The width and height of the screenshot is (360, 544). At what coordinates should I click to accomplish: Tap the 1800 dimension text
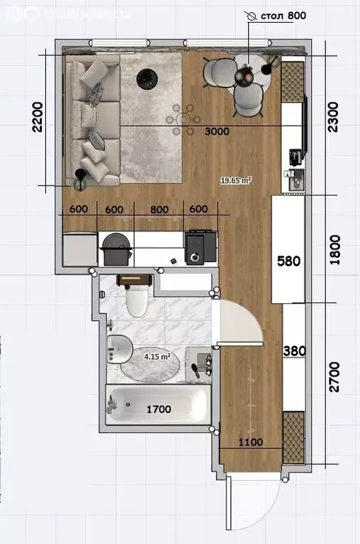334,250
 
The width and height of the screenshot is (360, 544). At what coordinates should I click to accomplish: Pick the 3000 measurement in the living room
216,132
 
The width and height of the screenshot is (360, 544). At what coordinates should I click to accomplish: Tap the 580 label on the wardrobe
288,261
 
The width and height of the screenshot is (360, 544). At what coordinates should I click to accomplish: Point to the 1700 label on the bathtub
160,408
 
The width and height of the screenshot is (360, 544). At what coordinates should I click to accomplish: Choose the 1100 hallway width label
250,443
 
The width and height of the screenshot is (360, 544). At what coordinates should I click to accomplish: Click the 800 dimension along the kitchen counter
160,209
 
